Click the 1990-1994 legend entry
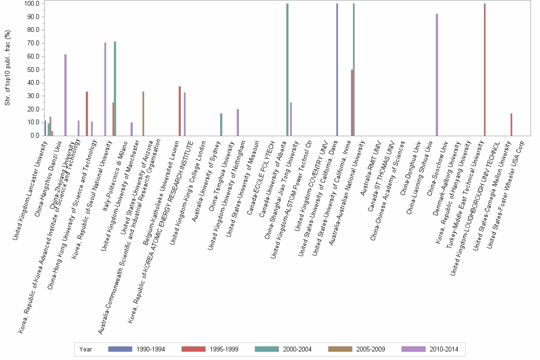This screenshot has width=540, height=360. (x=136, y=349)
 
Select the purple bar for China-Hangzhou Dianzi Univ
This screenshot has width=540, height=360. (x=66, y=95)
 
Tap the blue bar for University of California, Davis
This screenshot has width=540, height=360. (x=337, y=70)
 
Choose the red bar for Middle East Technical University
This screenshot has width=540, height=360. (x=484, y=70)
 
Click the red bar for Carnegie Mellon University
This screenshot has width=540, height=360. (x=511, y=124)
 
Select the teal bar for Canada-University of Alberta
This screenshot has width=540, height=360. (x=287, y=70)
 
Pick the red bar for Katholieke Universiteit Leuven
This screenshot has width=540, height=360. (x=180, y=111)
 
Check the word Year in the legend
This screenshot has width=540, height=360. (x=86, y=349)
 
